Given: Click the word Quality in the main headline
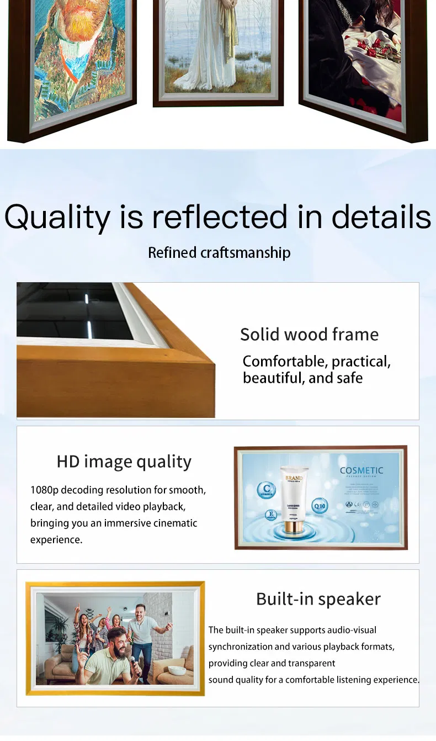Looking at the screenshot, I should coord(57,217).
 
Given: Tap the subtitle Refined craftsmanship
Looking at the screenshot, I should coord(219,253).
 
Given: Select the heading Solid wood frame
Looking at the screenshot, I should coord(309,334).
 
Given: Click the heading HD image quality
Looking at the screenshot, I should coord(124,462).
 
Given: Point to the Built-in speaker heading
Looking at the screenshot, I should coord(318,599).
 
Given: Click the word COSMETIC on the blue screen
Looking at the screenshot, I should coord(361,470).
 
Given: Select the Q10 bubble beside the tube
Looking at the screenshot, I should coord(320,505).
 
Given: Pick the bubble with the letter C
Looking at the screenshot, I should coord(268,489).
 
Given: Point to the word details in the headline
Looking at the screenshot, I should coord(381,217).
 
